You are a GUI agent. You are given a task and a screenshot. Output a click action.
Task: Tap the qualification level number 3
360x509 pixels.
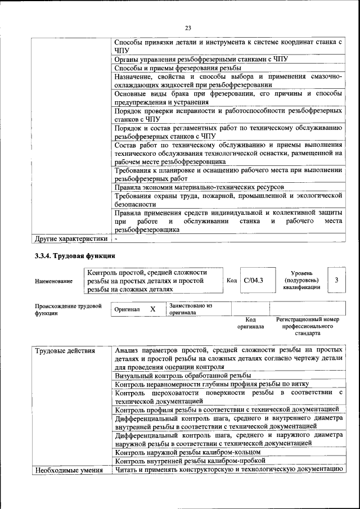[x=336, y=280]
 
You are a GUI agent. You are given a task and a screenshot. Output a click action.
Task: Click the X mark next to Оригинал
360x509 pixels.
[x=152, y=309]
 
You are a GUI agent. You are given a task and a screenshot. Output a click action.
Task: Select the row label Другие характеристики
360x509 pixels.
[x=70, y=238]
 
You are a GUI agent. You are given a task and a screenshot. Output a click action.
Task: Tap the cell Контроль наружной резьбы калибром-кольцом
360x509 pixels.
[x=187, y=452]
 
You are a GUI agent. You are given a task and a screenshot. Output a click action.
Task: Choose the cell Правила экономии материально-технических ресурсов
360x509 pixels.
[x=199, y=187]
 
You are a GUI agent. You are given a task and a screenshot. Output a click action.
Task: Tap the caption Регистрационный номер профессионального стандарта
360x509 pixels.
[x=307, y=326]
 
